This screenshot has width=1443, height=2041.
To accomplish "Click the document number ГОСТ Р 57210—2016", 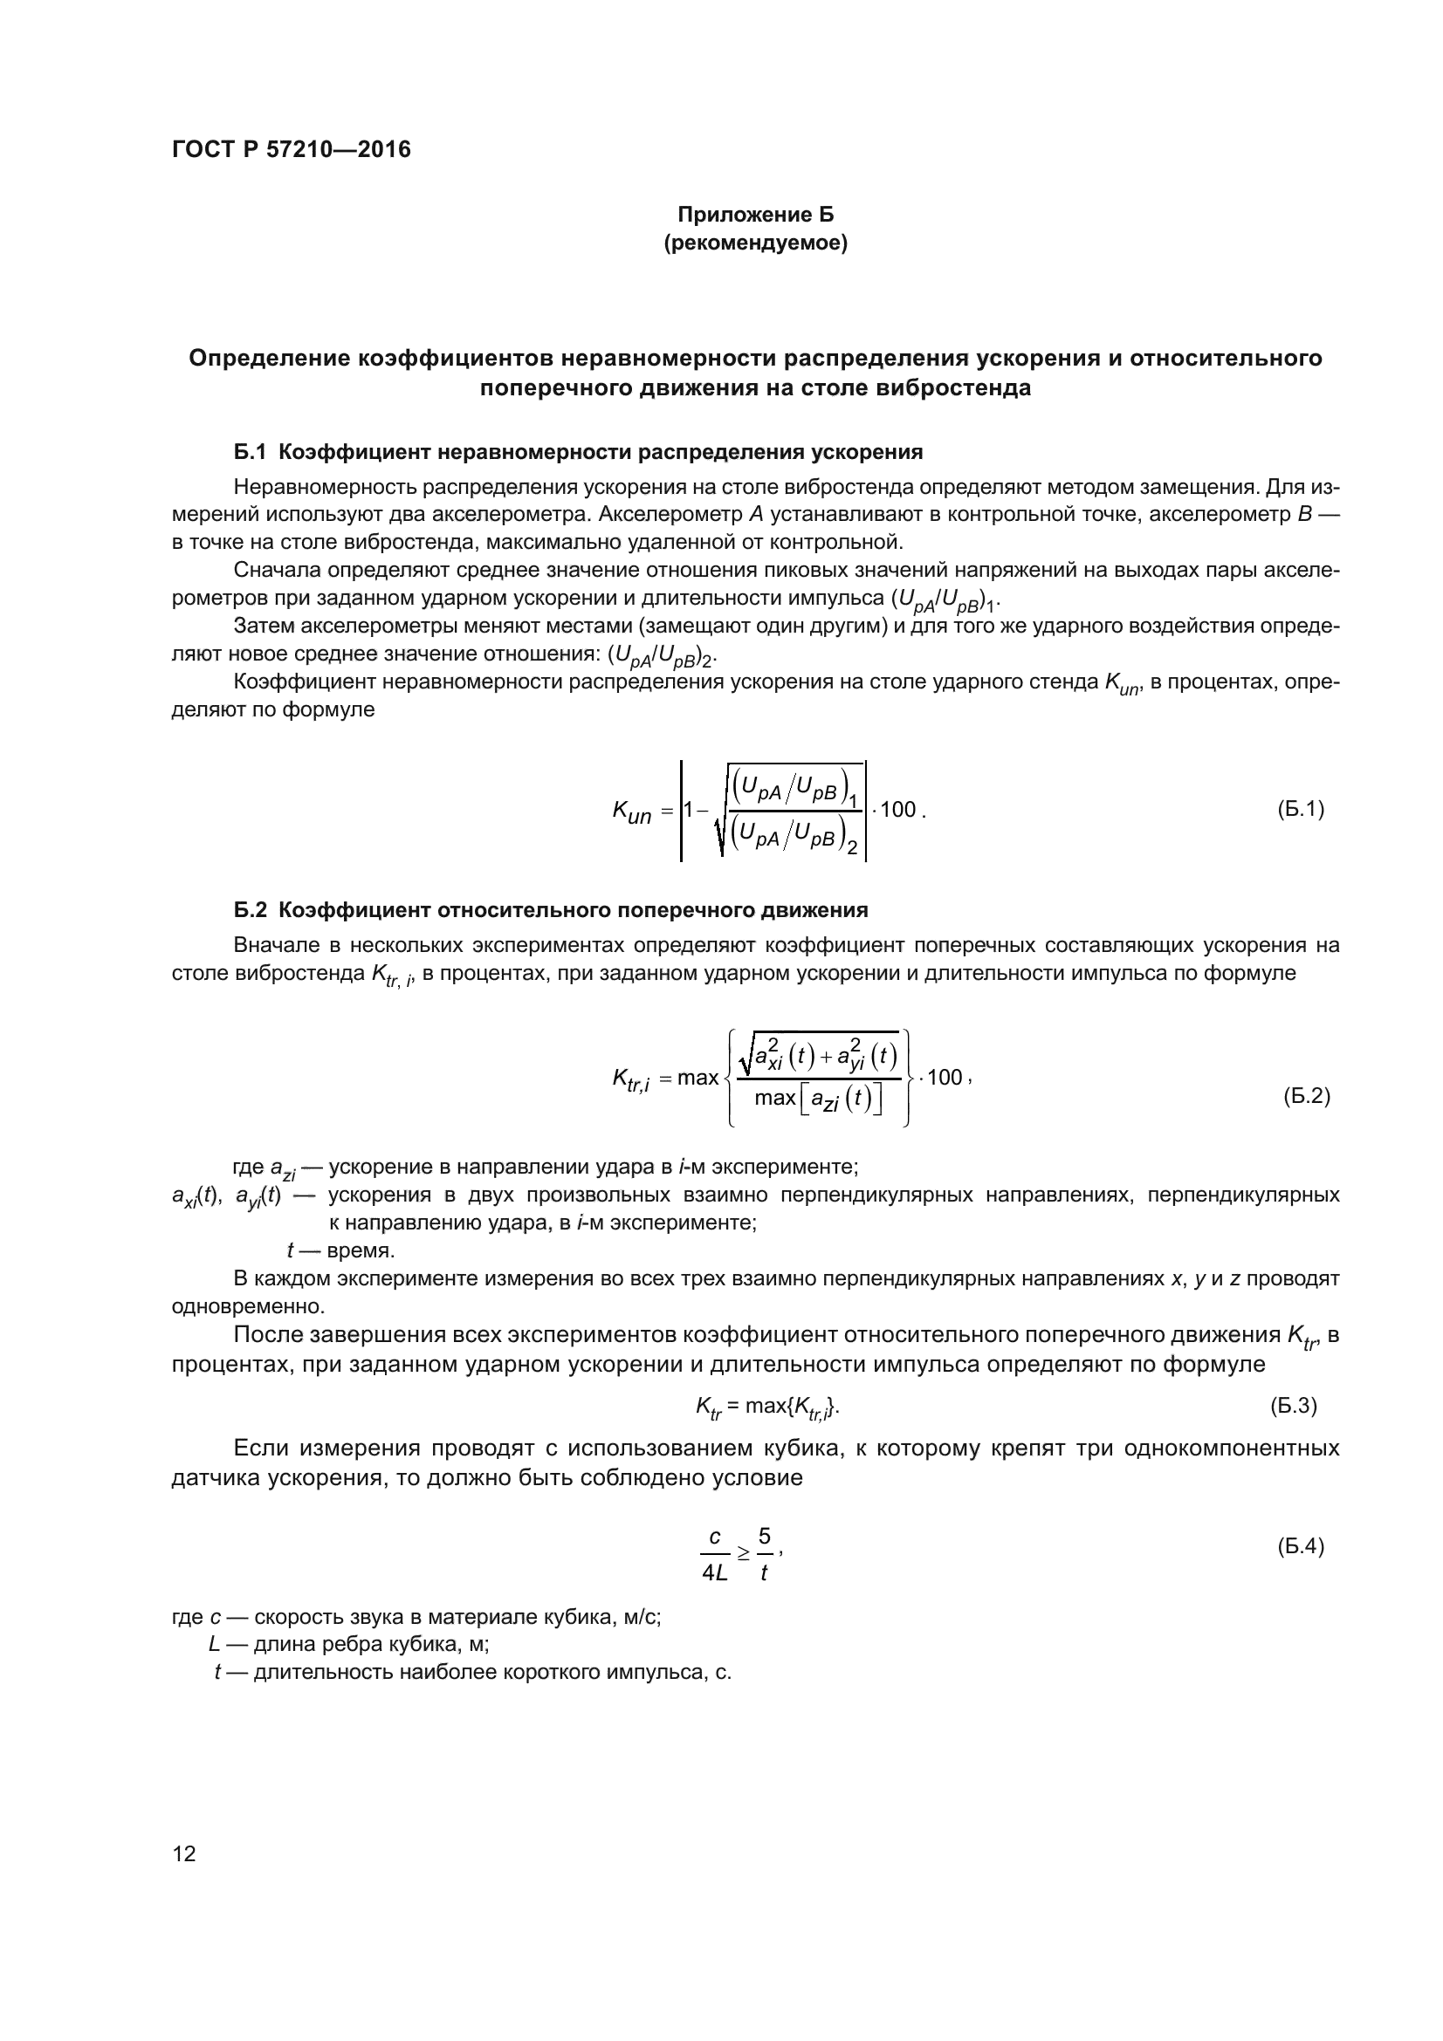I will click(291, 149).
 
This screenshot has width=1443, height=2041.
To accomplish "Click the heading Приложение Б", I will click(755, 215).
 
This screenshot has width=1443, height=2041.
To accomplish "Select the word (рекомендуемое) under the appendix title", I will click(755, 243).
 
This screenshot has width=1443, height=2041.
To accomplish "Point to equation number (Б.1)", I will click(1300, 809).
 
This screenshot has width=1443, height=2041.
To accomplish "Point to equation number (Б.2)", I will click(1305, 1096).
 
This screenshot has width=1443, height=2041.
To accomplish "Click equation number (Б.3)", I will click(1293, 1406).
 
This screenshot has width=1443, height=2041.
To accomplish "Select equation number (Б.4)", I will click(1300, 1546).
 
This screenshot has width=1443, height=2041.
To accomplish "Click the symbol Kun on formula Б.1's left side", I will click(631, 812).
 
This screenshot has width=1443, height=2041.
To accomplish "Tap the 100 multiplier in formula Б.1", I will click(898, 809).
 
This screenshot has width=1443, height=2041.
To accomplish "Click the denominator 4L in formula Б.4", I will click(714, 1572).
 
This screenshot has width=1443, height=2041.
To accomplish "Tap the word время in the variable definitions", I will click(360, 1250).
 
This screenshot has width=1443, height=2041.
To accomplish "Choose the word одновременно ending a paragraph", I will click(247, 1307).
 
